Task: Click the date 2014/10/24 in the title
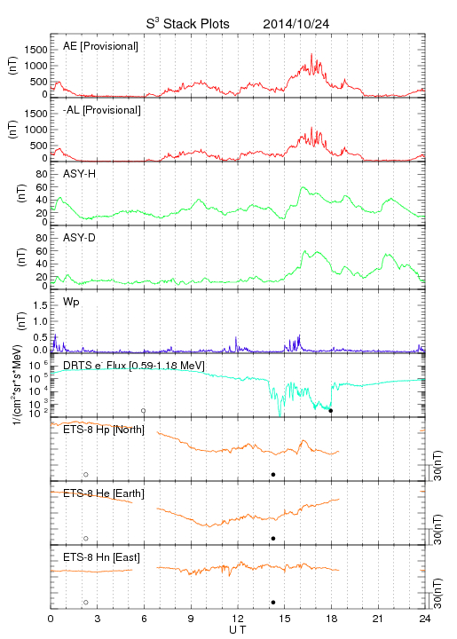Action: pyautogui.click(x=296, y=24)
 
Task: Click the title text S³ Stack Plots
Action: pyautogui.click(x=188, y=23)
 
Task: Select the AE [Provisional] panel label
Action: pyautogui.click(x=100, y=46)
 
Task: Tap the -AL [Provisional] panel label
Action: pyautogui.click(x=102, y=110)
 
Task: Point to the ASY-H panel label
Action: pyautogui.click(x=80, y=174)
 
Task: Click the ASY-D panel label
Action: pyautogui.click(x=80, y=238)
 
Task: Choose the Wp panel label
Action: pyautogui.click(x=71, y=303)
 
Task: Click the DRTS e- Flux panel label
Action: pyautogui.click(x=134, y=366)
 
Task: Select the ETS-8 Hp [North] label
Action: pyautogui.click(x=104, y=430)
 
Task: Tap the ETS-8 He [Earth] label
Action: pyautogui.click(x=104, y=493)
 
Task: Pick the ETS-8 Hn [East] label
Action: pyautogui.click(x=101, y=557)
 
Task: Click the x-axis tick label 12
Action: pyautogui.click(x=238, y=619)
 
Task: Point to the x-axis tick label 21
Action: pyautogui.click(x=378, y=619)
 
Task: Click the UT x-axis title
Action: pyautogui.click(x=238, y=630)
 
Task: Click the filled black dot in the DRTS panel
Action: pyautogui.click(x=331, y=411)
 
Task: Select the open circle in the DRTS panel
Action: pyautogui.click(x=144, y=411)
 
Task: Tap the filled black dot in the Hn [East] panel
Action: pyautogui.click(x=273, y=603)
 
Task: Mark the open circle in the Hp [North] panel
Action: pyautogui.click(x=86, y=475)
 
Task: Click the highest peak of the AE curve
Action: pyautogui.click(x=311, y=54)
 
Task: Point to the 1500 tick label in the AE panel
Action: pyautogui.click(x=35, y=50)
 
